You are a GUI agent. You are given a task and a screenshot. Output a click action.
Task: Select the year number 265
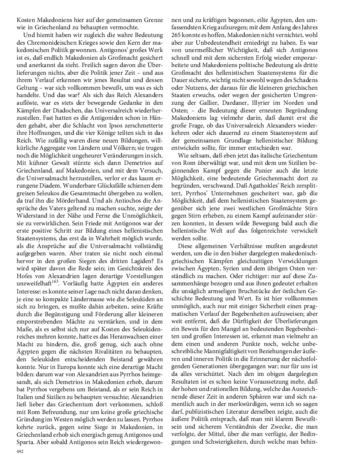click(177, 34)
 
